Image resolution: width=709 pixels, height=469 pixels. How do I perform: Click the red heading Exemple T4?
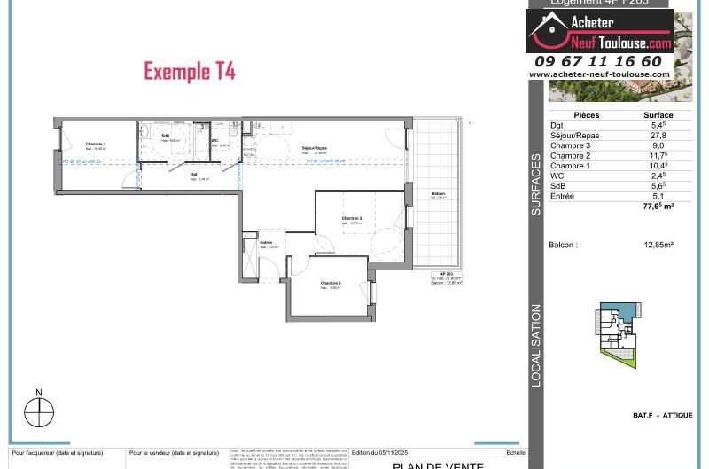189,72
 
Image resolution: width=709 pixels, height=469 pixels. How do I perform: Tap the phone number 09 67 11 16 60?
598,61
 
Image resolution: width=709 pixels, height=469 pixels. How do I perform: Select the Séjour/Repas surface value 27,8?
658,136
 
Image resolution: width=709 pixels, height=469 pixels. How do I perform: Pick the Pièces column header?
587,115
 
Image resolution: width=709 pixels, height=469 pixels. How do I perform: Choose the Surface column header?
658,115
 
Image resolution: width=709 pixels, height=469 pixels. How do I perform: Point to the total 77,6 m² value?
658,206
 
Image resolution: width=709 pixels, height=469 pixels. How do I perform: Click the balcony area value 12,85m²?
658,245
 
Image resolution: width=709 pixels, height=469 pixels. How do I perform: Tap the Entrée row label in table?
563,195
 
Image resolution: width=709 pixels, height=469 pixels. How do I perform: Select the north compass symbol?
39,412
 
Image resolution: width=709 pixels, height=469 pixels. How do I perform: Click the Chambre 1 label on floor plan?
96,144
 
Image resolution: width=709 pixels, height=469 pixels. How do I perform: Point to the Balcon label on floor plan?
438,194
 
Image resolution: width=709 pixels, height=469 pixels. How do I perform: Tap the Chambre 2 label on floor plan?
352,218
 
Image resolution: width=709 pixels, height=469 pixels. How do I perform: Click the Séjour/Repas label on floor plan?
315,148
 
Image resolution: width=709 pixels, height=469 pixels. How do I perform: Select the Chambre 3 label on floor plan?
331,283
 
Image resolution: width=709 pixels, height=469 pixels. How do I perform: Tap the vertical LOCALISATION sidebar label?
536,346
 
